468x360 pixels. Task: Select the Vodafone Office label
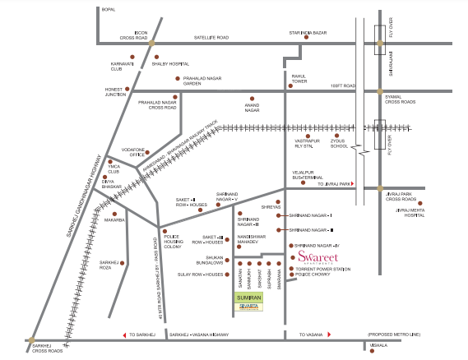pos(132,152)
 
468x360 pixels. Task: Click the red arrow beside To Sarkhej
pos(123,335)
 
